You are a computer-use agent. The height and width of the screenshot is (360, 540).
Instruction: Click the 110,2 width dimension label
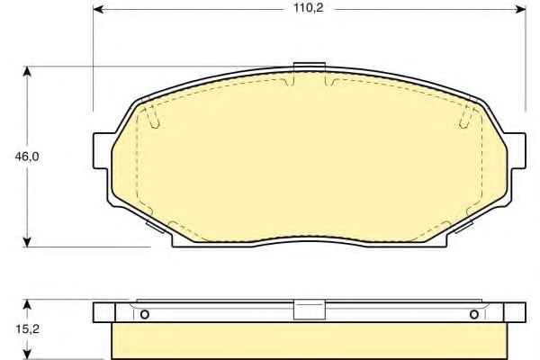pos(308,8)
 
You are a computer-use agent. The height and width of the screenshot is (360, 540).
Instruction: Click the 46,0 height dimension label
pos(27,157)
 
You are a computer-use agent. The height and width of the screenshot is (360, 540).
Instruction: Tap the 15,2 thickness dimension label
pos(27,329)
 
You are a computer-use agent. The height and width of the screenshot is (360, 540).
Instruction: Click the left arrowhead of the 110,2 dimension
pos(98,9)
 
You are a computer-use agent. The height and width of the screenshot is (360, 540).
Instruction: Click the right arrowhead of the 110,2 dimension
pos(520,9)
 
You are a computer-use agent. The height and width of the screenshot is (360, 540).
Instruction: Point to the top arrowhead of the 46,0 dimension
pos(27,72)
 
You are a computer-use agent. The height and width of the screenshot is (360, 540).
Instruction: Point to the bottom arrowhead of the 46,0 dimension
pos(27,241)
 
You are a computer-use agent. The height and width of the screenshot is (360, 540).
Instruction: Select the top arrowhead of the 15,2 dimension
pos(27,304)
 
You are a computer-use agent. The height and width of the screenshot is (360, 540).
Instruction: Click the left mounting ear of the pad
pos(103,151)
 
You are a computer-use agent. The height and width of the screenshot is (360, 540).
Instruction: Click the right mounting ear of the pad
pos(516,151)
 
